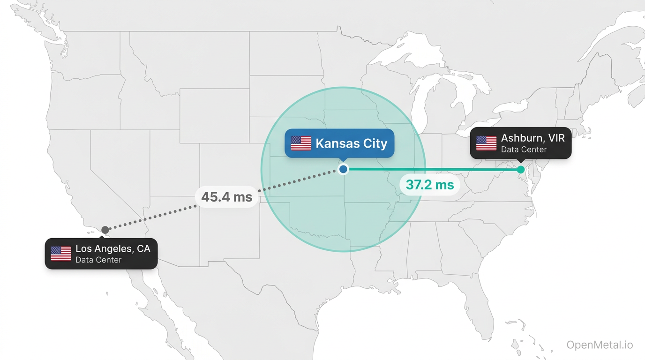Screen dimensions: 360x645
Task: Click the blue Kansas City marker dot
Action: coord(343,169)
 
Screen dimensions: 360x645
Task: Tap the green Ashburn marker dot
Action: coord(521,169)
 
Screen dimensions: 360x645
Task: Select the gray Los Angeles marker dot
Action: coord(105,230)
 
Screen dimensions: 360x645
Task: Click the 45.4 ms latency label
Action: coord(227,197)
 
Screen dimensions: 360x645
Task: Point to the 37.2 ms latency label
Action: coord(430,185)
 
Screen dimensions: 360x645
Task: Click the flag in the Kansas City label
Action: coord(301,143)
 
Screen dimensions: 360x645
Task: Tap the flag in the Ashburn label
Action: coord(486,143)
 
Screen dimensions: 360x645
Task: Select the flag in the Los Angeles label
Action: coord(61,254)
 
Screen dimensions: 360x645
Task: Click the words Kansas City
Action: coord(352,143)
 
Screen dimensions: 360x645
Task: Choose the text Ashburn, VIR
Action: coord(533,138)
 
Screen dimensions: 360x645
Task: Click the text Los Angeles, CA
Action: coord(113,249)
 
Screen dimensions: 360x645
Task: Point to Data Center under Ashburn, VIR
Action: coord(524,150)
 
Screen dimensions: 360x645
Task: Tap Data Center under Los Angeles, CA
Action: coord(98,260)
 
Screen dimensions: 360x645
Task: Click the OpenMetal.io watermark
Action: coord(600,345)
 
